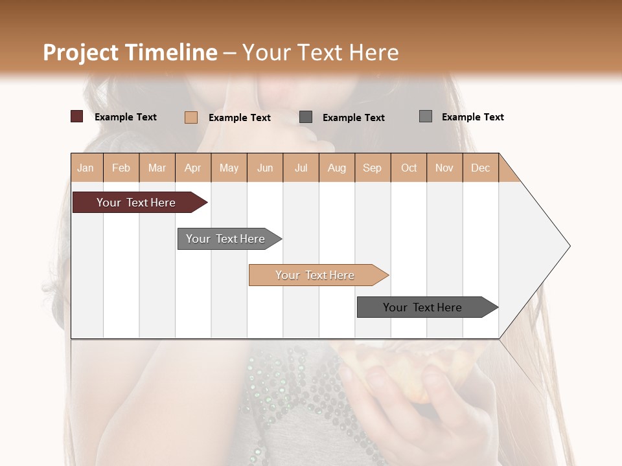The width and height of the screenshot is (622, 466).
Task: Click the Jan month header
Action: pyautogui.click(x=86, y=168)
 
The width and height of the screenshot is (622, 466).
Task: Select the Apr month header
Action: pyautogui.click(x=193, y=168)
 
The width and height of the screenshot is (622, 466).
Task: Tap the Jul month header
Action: pyautogui.click(x=301, y=168)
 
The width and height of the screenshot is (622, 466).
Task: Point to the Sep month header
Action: pyautogui.click(x=372, y=168)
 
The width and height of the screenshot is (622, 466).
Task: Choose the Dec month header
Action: pyautogui.click(x=480, y=168)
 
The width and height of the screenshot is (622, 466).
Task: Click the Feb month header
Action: pyautogui.click(x=121, y=168)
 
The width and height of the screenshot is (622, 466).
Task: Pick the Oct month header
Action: pyautogui.click(x=409, y=168)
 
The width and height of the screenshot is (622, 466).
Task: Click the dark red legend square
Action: pyautogui.click(x=76, y=116)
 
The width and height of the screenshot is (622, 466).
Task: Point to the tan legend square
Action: pyautogui.click(x=190, y=117)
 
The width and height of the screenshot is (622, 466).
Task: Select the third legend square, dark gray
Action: pyautogui.click(x=306, y=117)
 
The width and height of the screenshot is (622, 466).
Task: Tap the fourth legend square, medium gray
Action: pyautogui.click(x=426, y=116)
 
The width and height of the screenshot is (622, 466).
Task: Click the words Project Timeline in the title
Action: pyautogui.click(x=130, y=52)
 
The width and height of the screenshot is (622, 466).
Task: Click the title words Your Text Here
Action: pyautogui.click(x=321, y=52)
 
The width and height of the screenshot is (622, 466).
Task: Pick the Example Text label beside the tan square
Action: pyautogui.click(x=240, y=118)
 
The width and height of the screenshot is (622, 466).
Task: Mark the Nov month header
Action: pyautogui.click(x=444, y=168)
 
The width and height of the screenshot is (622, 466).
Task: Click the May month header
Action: pyautogui.click(x=229, y=168)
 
